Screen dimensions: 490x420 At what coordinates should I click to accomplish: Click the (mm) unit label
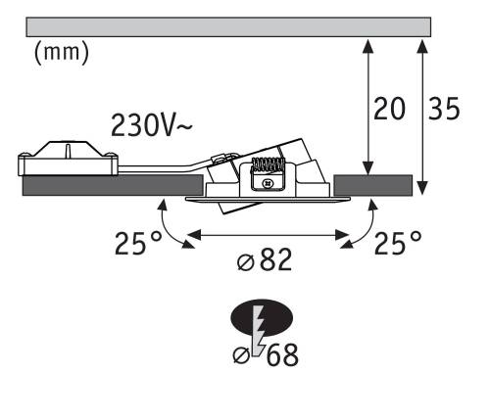pyautogui.click(x=61, y=53)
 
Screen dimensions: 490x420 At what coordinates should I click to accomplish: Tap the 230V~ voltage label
pyautogui.click(x=152, y=125)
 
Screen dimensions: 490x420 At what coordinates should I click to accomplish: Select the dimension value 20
pyautogui.click(x=389, y=109)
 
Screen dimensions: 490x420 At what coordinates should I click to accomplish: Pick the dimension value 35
pyautogui.click(x=444, y=109)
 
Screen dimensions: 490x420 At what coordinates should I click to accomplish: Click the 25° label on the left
pyautogui.click(x=138, y=243)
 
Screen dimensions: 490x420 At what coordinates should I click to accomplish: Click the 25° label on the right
pyautogui.click(x=398, y=243)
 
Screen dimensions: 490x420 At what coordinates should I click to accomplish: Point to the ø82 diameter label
pyautogui.click(x=265, y=260)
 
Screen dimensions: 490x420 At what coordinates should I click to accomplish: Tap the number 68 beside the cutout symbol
pyautogui.click(x=282, y=354)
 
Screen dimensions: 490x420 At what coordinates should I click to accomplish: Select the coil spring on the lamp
pyautogui.click(x=268, y=164)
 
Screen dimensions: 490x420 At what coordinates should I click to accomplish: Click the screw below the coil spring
pyautogui.click(x=268, y=184)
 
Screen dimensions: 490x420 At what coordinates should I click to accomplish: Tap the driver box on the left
pyautogui.click(x=68, y=159)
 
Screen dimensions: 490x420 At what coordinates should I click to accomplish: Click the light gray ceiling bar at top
pyautogui.click(x=228, y=26)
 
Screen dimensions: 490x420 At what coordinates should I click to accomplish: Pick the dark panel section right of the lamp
pyautogui.click(x=372, y=185)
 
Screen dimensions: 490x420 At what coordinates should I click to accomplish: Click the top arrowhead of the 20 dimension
pyautogui.click(x=368, y=46)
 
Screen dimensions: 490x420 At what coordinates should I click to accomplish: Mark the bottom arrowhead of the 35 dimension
pyautogui.click(x=422, y=188)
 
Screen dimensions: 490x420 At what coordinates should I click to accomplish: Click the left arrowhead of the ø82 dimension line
pyautogui.click(x=194, y=235)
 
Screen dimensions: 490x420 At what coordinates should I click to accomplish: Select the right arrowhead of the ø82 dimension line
pyautogui.click(x=343, y=235)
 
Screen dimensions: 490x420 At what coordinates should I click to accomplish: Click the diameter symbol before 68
pyautogui.click(x=242, y=355)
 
